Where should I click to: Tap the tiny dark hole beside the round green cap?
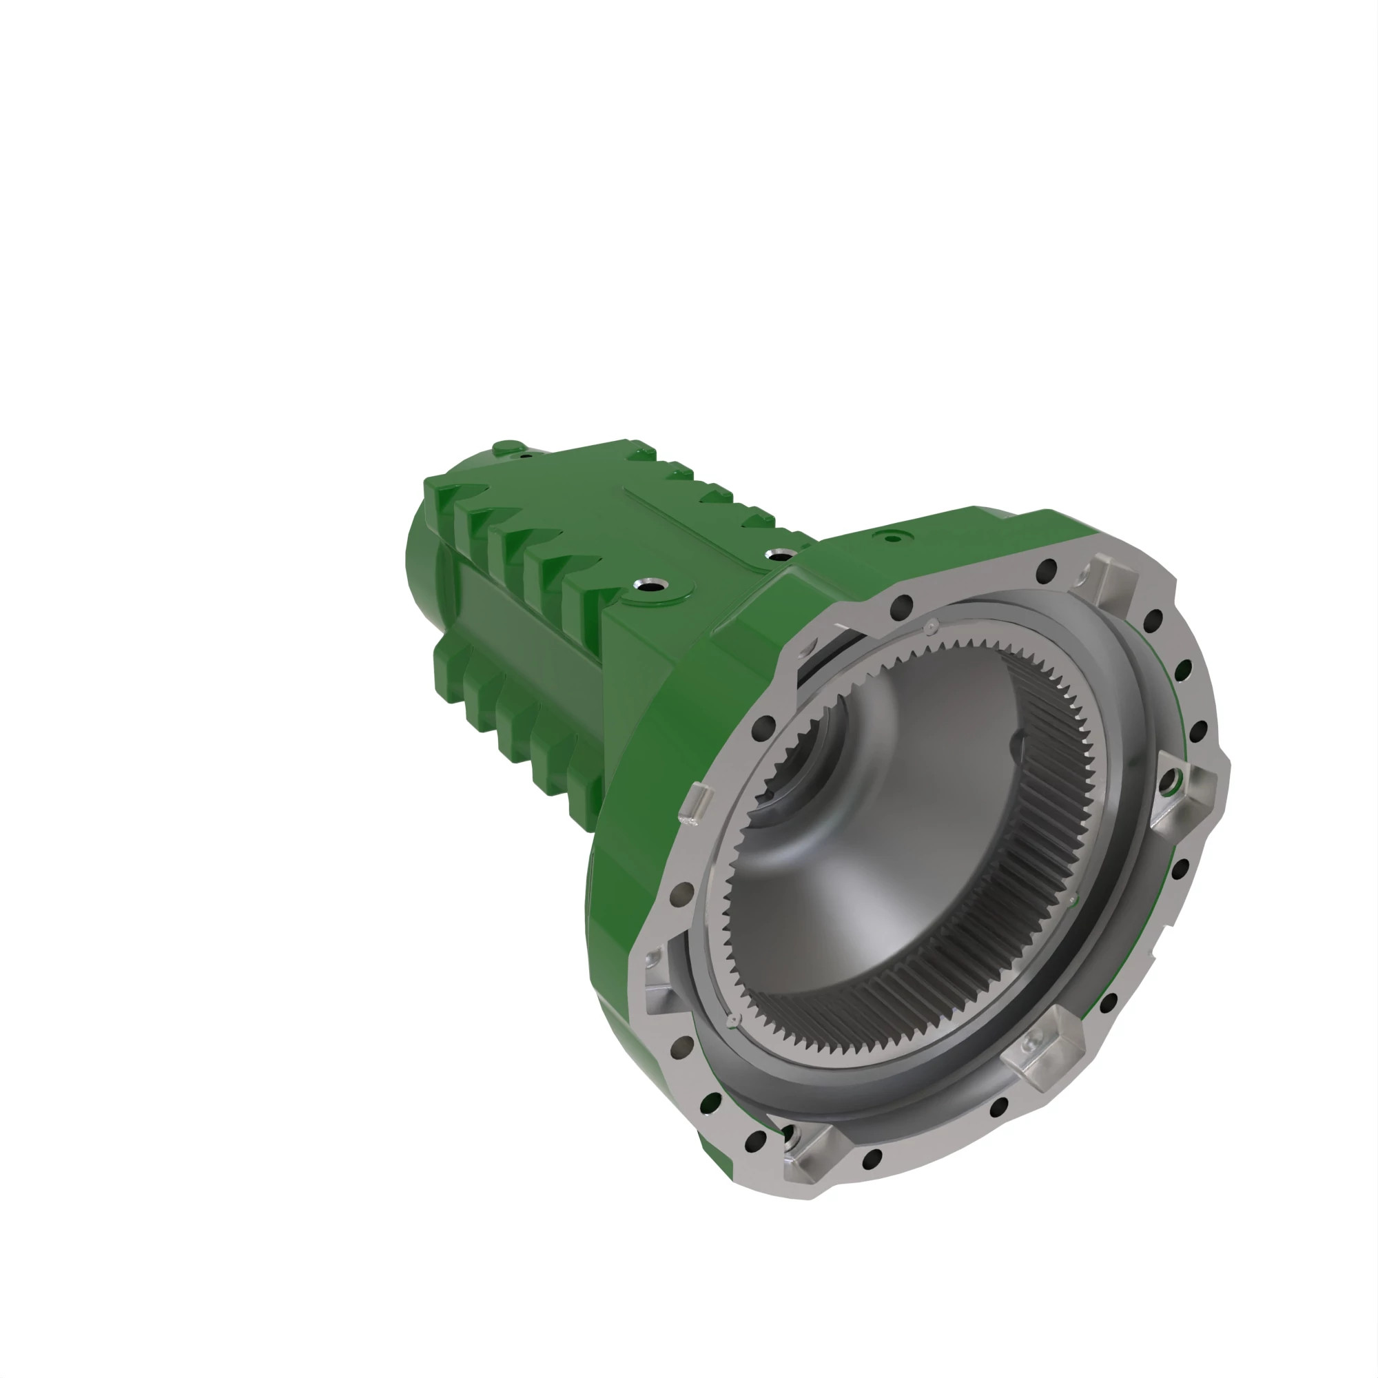coord(526,454)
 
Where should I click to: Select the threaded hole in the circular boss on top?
coord(655,586)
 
